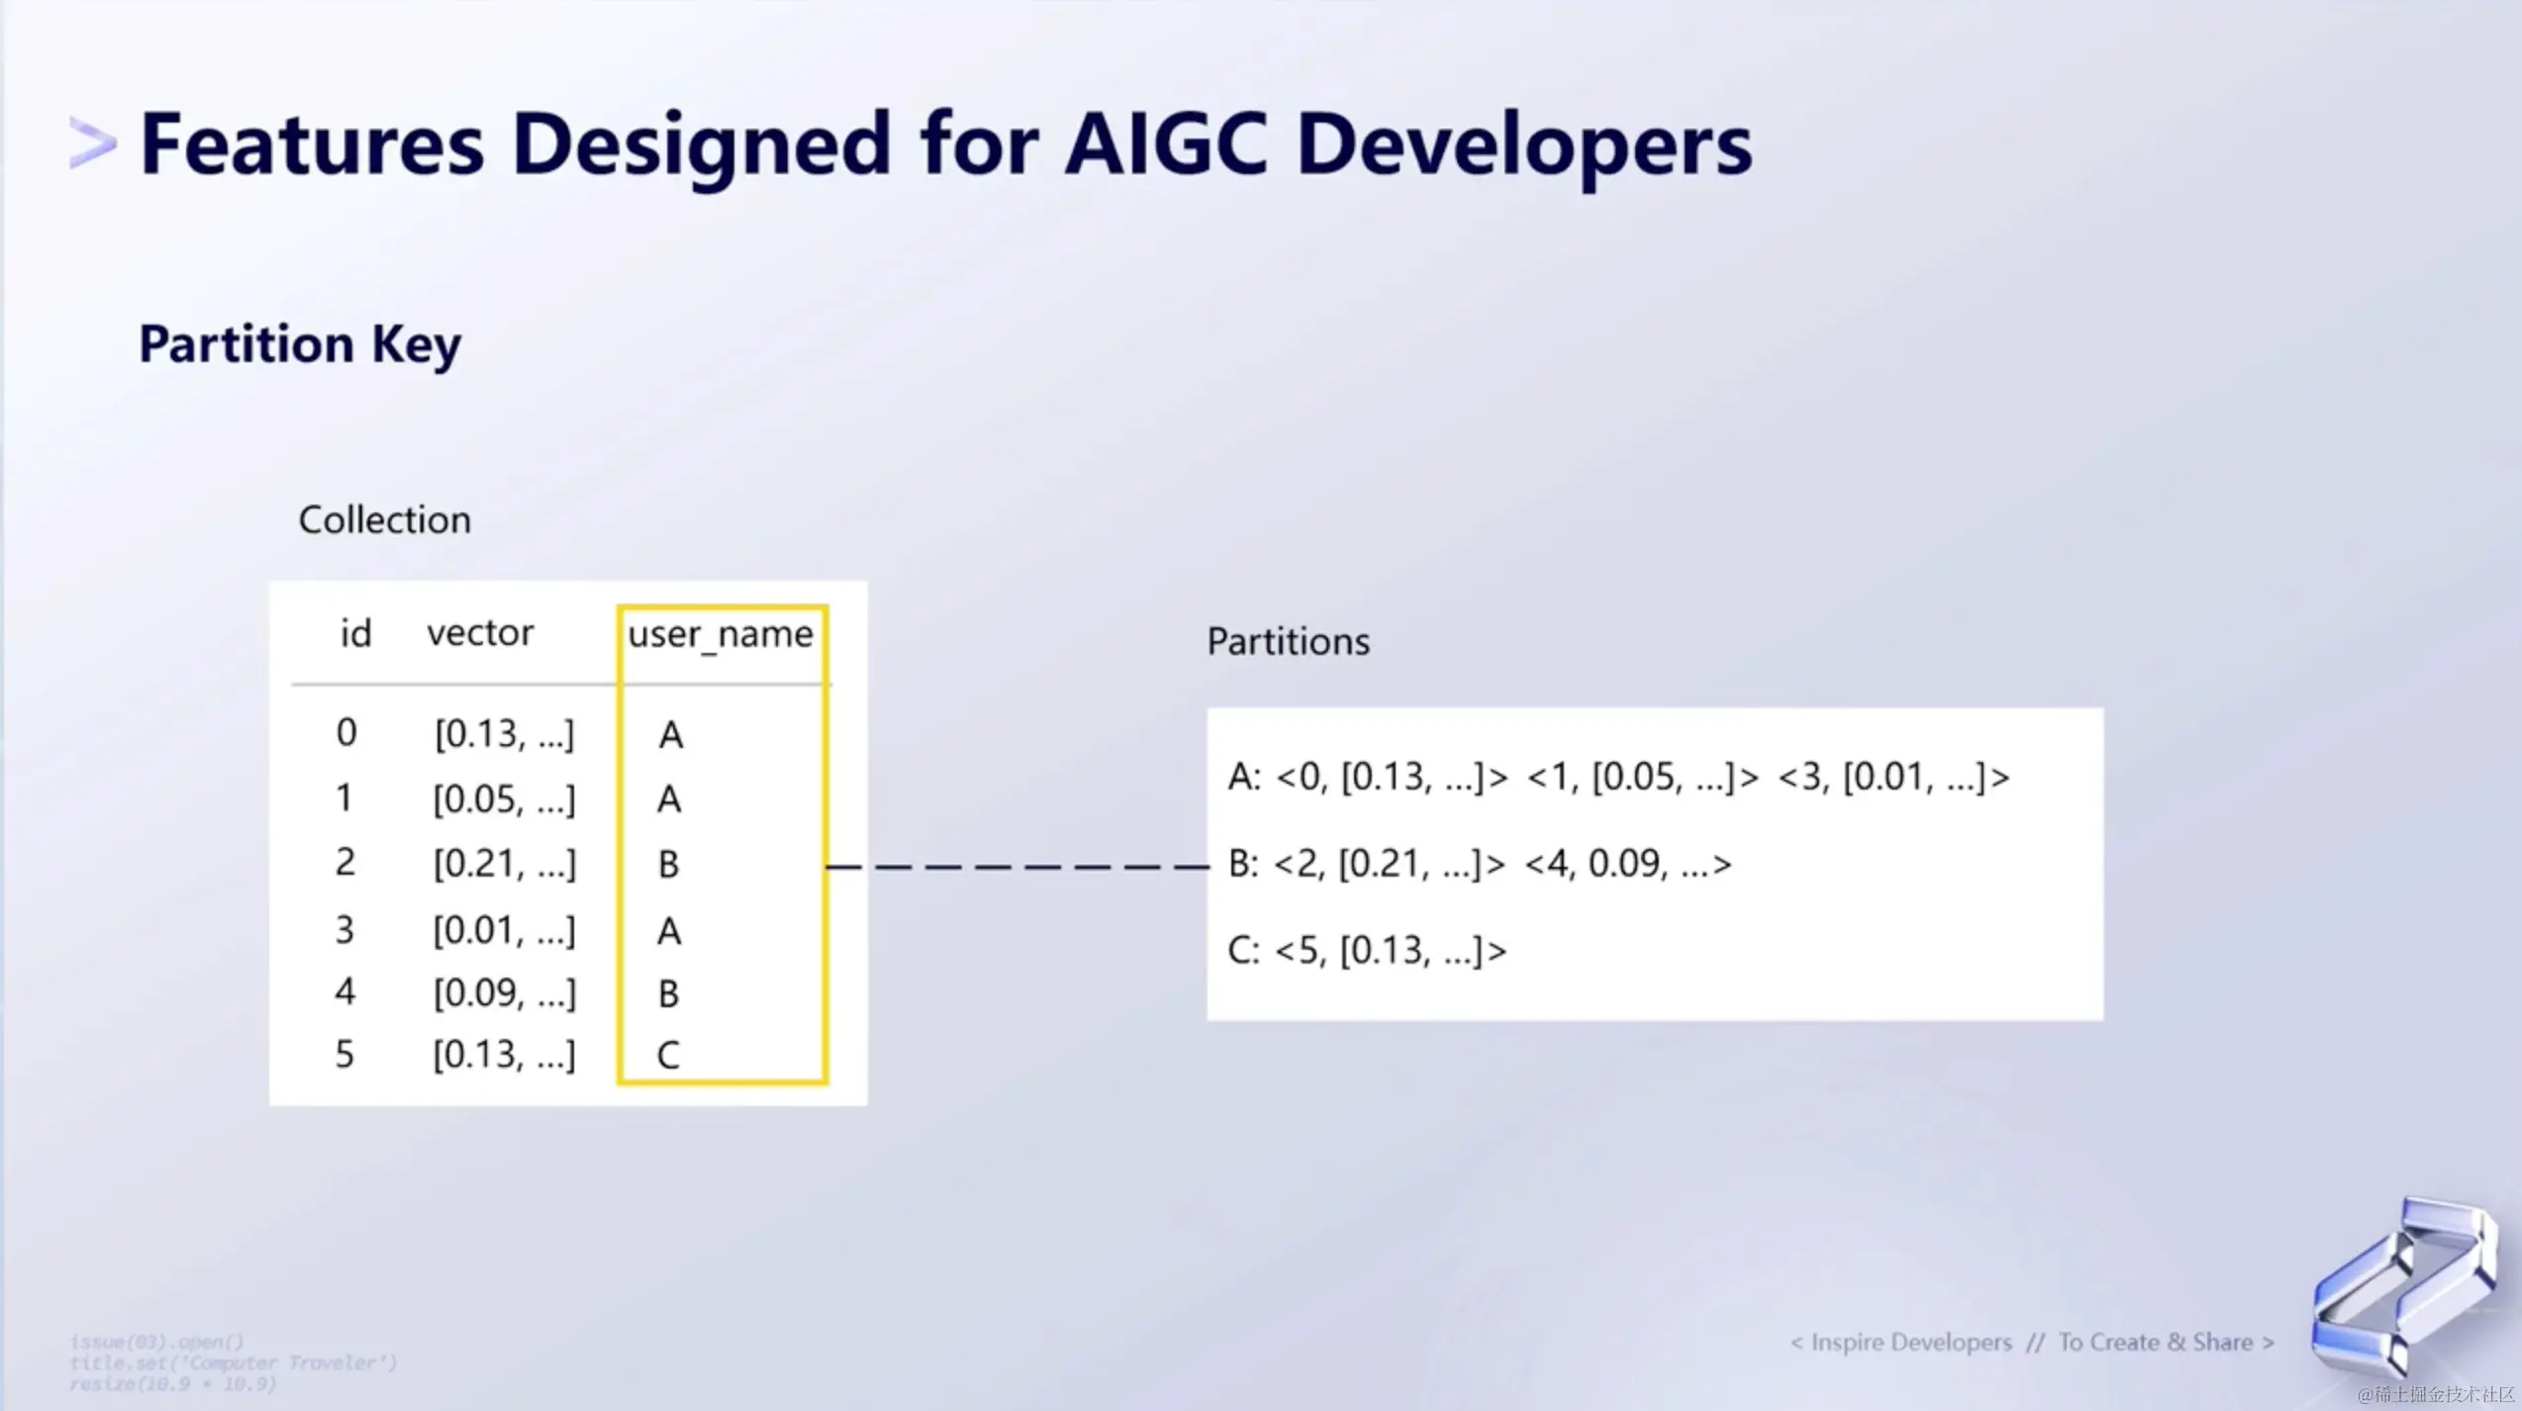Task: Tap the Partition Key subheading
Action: pos(300,344)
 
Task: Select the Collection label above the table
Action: pos(384,520)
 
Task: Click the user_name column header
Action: pos(721,634)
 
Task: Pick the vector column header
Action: pos(480,632)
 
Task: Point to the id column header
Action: pos(355,633)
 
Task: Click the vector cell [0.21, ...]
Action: pos(504,864)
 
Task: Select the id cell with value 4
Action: pos(344,991)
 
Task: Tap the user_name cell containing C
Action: pos(668,1055)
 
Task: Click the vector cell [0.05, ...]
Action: pos(504,800)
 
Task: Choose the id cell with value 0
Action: pos(345,733)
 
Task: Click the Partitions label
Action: pos(1288,642)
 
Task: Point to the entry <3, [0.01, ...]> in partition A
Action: pos(1893,778)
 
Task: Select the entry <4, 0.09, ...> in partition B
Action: pos(1628,864)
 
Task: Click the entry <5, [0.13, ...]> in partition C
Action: pos(1391,951)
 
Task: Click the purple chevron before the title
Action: pos(92,143)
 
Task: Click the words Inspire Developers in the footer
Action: pos(1911,1343)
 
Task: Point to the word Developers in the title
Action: pos(1524,145)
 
